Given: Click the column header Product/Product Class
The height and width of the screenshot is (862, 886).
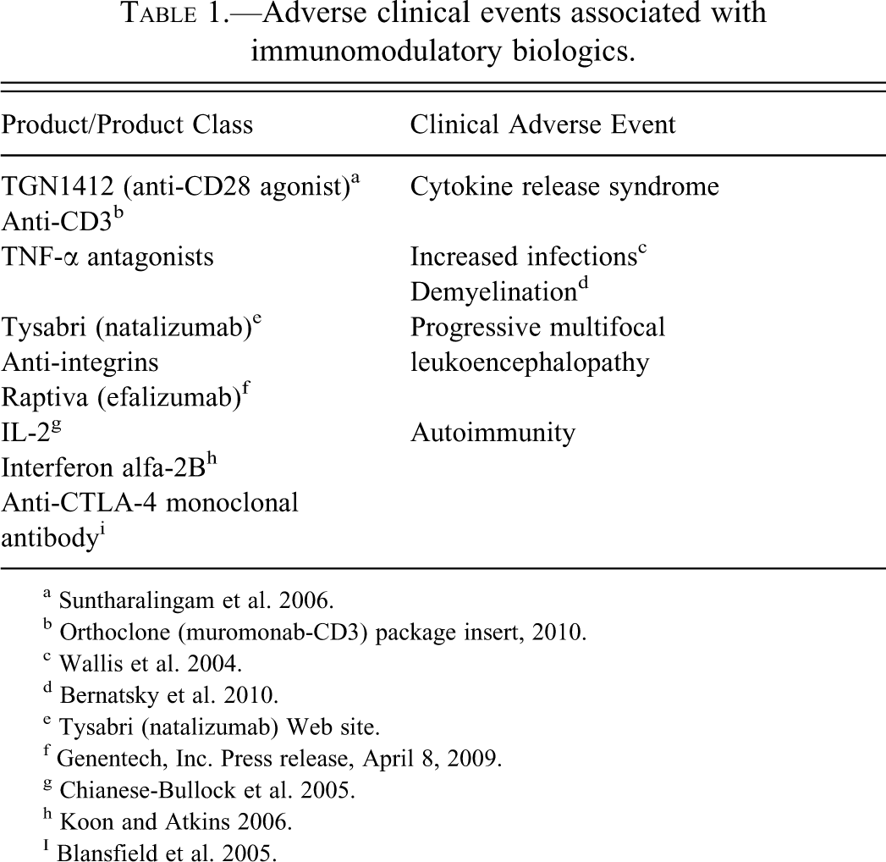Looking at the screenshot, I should point(127,124).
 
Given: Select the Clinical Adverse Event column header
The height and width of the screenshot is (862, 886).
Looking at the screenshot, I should point(542,124).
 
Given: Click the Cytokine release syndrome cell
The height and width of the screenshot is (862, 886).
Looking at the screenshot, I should point(564,186).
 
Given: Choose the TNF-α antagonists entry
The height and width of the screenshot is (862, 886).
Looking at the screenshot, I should point(107,256).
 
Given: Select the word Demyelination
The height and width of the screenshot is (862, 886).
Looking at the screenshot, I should point(493,291).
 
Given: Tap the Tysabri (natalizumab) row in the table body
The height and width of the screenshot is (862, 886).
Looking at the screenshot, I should point(129,327).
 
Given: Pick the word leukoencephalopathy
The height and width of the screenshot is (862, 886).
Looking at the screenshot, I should point(530,362).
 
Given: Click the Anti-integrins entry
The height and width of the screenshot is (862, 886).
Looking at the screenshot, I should point(80,362).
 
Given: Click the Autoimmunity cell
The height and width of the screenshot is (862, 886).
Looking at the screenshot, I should point(493,433).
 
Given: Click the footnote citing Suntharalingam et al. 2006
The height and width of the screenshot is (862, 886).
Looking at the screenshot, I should point(195,601).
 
